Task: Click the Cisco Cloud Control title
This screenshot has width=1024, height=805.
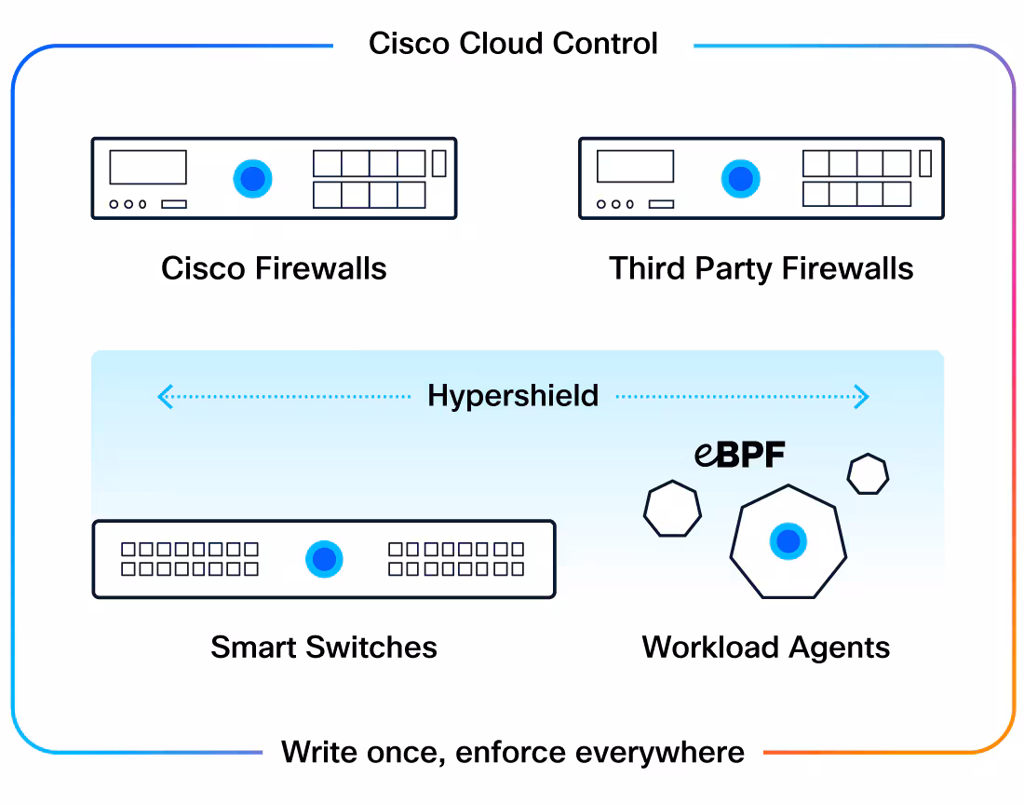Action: tap(513, 44)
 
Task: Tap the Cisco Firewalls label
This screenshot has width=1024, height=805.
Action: tap(274, 268)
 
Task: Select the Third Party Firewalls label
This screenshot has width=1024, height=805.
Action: tap(761, 268)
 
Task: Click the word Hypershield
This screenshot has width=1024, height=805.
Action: tap(513, 396)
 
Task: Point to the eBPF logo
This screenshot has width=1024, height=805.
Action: tap(739, 454)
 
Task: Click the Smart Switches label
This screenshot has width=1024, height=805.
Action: tap(324, 647)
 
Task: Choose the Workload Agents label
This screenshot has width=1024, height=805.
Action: tap(766, 648)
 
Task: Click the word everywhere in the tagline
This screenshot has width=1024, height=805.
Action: tap(660, 752)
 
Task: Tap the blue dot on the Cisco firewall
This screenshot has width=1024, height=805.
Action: tap(252, 178)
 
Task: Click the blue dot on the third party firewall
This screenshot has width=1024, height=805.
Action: tap(741, 178)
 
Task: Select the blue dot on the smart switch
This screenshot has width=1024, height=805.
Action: tap(325, 559)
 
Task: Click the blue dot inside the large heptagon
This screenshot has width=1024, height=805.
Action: tap(788, 541)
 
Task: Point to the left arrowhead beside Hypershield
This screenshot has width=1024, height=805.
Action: tap(165, 396)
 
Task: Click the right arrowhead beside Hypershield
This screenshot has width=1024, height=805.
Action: tap(862, 396)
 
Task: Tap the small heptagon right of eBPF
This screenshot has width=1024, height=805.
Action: tap(868, 473)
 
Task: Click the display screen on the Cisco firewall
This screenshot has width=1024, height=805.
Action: tap(148, 168)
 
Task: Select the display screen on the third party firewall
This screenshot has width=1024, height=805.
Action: tap(636, 166)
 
